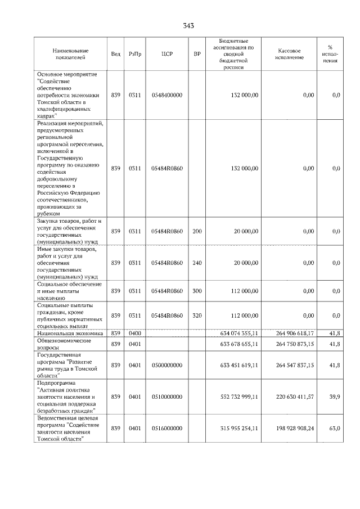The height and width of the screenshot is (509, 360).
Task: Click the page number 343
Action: tap(188, 26)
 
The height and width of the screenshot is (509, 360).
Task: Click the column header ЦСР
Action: tap(166, 54)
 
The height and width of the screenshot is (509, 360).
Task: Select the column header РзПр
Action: tap(134, 54)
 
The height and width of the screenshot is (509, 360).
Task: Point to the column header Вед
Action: tap(115, 54)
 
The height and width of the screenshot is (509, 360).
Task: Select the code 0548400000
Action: tap(166, 95)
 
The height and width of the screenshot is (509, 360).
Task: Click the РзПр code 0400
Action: tap(134, 334)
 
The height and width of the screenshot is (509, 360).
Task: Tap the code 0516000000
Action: tap(166, 429)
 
